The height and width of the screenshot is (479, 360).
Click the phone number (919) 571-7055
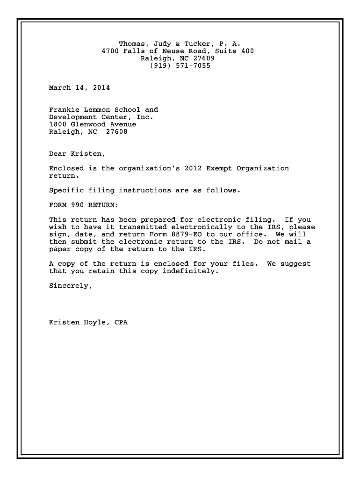(180, 66)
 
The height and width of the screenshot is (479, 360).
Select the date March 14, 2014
(79, 87)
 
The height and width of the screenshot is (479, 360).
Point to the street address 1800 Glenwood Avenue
(93, 124)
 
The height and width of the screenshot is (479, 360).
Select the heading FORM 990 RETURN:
(84, 205)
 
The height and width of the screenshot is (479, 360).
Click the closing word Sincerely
(71, 286)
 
